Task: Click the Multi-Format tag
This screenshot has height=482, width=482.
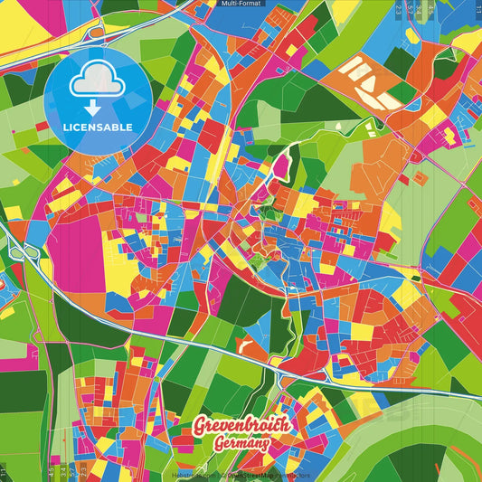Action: point(241,5)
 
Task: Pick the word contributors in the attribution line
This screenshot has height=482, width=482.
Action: point(295,474)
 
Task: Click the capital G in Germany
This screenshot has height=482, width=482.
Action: point(220,444)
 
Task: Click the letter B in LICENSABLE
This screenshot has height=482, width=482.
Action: point(119,128)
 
